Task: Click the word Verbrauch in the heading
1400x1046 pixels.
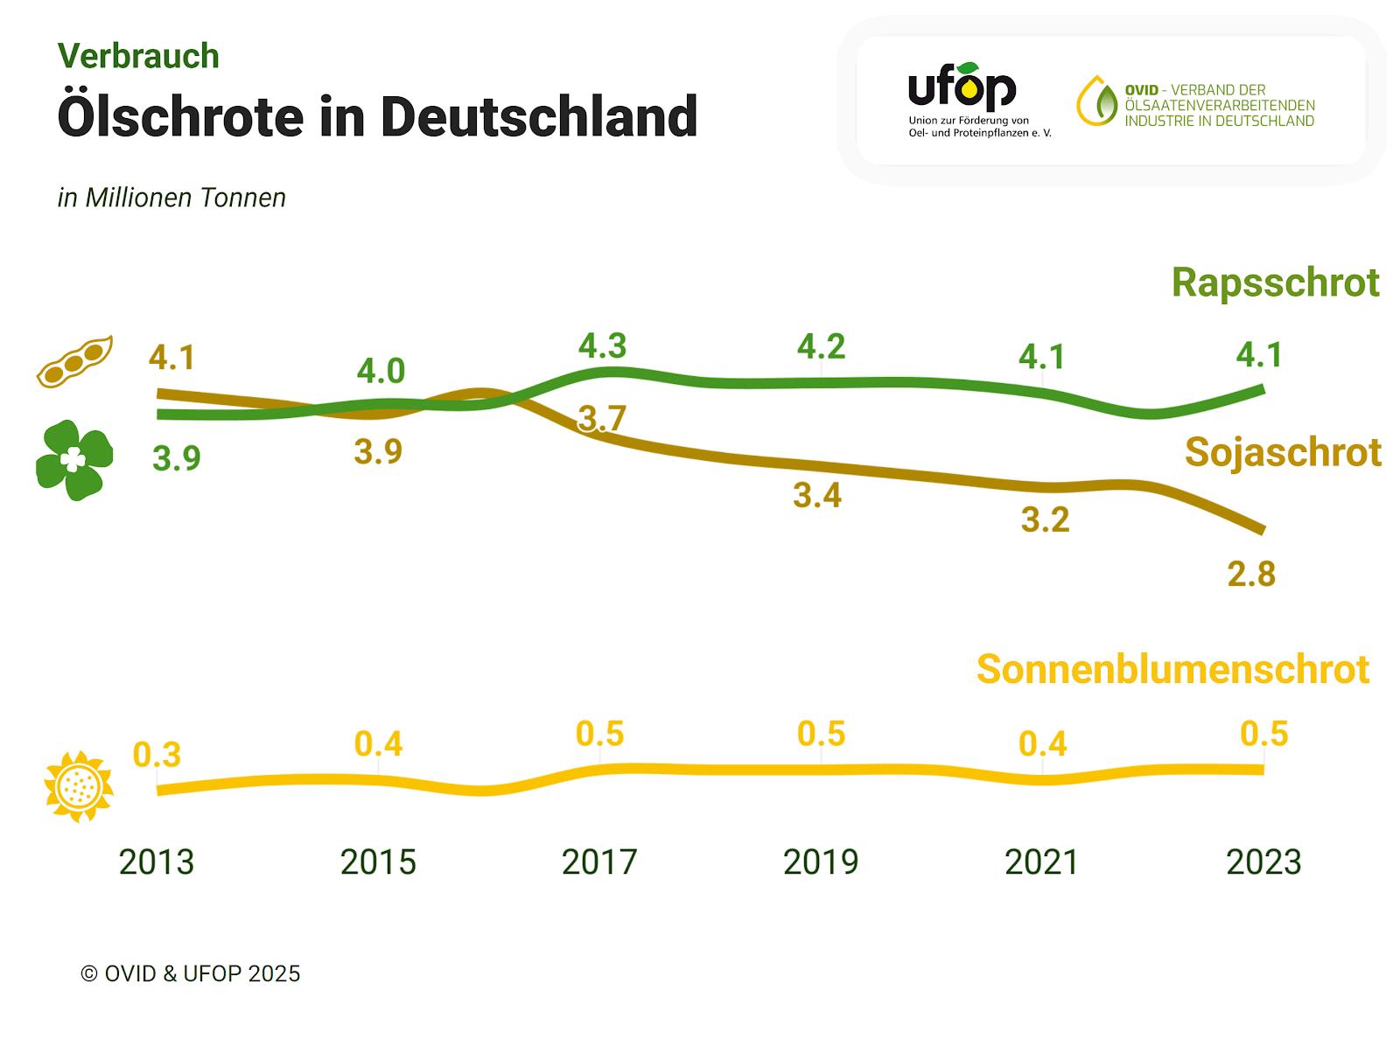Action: click(x=138, y=56)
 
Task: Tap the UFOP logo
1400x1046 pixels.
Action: click(x=962, y=88)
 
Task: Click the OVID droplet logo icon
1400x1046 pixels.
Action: click(x=1097, y=101)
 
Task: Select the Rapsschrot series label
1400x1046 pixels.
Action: click(x=1275, y=282)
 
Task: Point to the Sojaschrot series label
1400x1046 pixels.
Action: click(x=1283, y=452)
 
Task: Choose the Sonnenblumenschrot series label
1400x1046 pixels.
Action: click(x=1172, y=669)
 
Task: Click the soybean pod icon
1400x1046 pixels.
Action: click(x=74, y=360)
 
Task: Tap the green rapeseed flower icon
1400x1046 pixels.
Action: click(x=74, y=460)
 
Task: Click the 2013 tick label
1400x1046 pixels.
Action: click(x=157, y=862)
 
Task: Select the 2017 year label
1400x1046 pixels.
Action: click(x=599, y=862)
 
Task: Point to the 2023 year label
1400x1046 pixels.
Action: click(x=1263, y=862)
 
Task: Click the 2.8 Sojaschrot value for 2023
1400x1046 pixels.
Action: click(x=1251, y=575)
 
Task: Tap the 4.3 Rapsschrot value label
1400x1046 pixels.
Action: click(x=603, y=346)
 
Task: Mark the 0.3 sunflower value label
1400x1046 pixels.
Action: click(x=157, y=754)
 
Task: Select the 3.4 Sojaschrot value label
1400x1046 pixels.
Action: click(x=817, y=496)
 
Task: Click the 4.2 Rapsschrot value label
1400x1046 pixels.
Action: click(x=821, y=347)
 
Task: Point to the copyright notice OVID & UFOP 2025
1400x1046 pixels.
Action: click(x=190, y=973)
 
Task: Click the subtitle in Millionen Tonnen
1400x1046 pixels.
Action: click(x=171, y=198)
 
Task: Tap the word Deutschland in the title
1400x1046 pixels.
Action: click(x=539, y=116)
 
